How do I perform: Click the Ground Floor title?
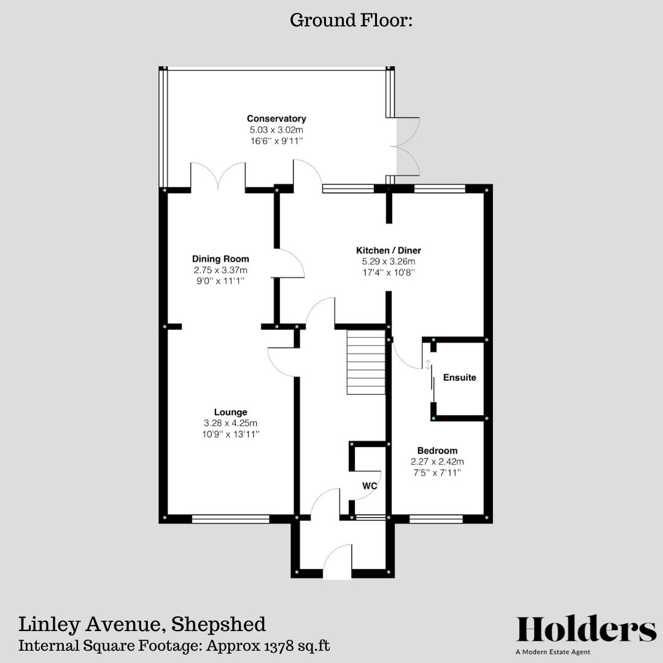pos(351,20)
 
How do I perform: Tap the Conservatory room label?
pos(276,118)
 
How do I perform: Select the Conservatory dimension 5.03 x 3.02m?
pos(276,130)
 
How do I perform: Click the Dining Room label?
pos(220,259)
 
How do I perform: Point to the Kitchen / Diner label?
pos(389,250)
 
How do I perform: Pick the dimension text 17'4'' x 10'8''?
pos(389,273)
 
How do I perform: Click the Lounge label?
pos(230,412)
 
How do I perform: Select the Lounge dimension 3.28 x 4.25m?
pos(230,423)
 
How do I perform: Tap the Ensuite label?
pos(459,378)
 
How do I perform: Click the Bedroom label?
pos(437,451)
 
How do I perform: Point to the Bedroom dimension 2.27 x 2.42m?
pos(437,462)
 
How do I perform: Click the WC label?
pos(369,486)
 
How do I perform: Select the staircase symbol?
pos(366,362)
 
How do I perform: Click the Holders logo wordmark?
pos(586,630)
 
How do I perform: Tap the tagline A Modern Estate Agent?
pos(552,652)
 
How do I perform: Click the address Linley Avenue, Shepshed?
pos(142,624)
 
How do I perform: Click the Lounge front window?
pos(230,519)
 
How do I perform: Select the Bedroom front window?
pos(436,519)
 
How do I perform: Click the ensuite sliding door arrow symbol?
pos(428,365)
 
